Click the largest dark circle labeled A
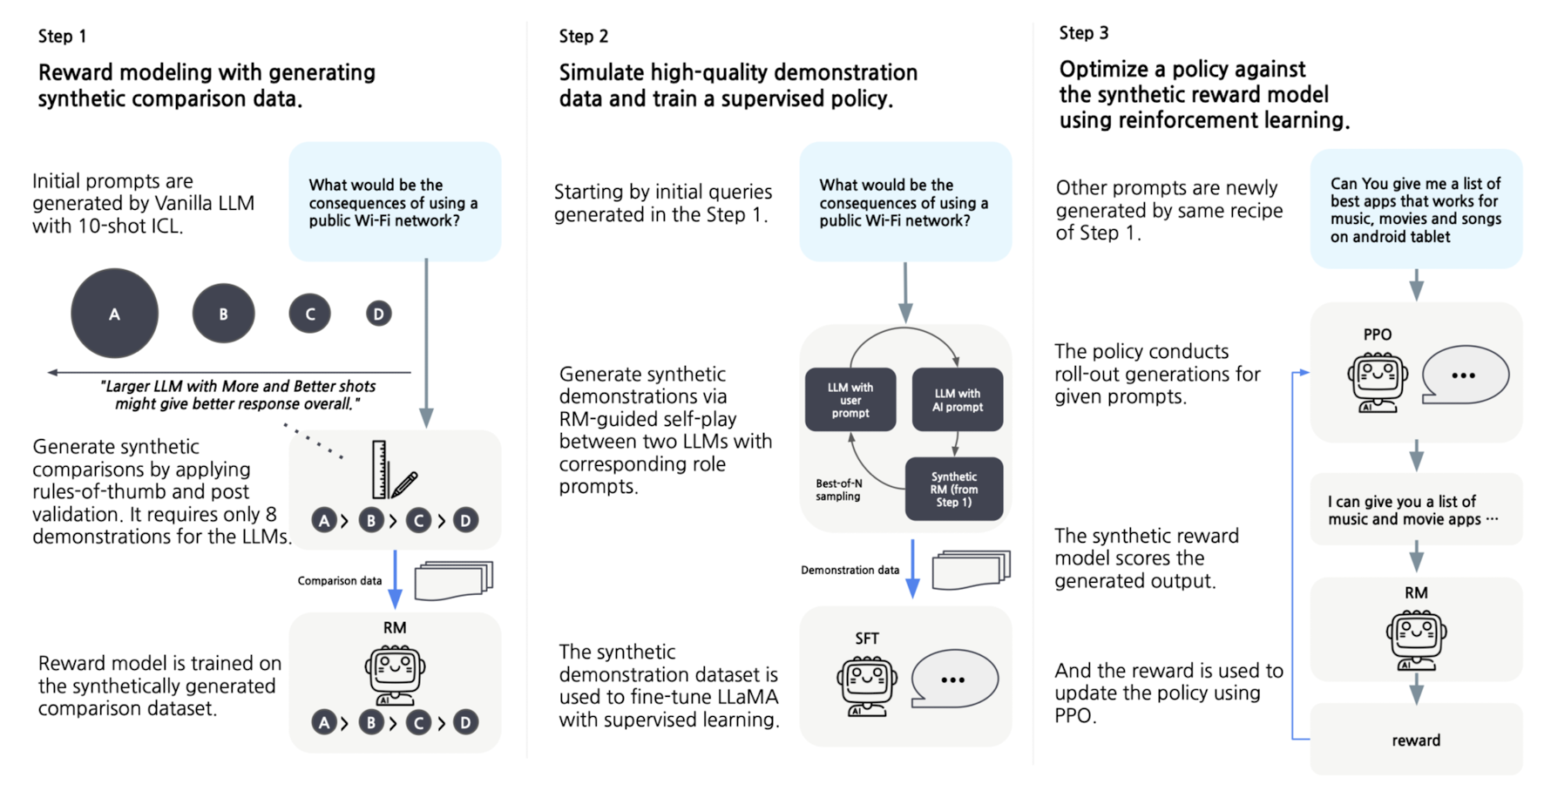click(x=114, y=314)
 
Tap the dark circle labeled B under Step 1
click(x=223, y=314)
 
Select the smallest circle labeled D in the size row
click(x=378, y=314)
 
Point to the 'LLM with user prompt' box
click(x=850, y=400)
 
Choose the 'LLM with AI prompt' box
click(x=958, y=400)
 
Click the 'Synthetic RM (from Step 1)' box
click(x=954, y=489)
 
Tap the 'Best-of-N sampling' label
click(x=838, y=490)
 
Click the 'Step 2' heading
click(x=584, y=36)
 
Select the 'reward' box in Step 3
click(x=1416, y=740)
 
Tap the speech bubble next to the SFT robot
click(x=954, y=679)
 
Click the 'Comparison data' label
click(x=340, y=581)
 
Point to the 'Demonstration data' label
click(x=850, y=571)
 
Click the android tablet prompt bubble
click(x=1416, y=209)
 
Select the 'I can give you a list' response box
click(x=1416, y=510)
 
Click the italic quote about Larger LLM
click(x=237, y=395)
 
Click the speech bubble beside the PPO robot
click(x=1465, y=375)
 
